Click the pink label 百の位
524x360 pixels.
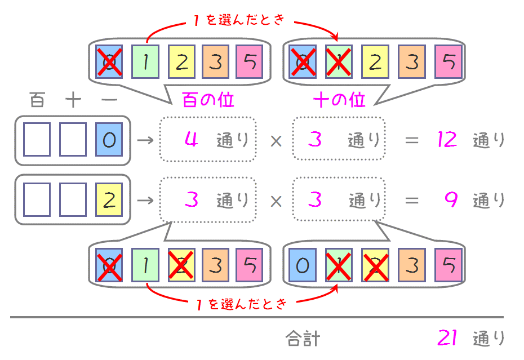(x=208, y=100)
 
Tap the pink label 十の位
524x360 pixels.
(x=339, y=100)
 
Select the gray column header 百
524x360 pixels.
(x=37, y=100)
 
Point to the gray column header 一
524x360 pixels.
(x=109, y=100)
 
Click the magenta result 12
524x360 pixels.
(x=447, y=139)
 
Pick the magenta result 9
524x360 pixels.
(x=451, y=199)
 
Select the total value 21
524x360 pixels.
(x=447, y=337)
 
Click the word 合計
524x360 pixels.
(x=303, y=338)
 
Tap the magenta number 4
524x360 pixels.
(x=191, y=139)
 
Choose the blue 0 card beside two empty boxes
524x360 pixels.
(x=109, y=139)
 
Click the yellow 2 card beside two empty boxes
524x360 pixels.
(x=109, y=199)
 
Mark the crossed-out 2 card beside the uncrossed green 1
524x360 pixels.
(x=181, y=265)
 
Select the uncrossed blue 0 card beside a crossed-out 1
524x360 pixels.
(x=303, y=265)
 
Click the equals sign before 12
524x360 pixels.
(x=412, y=140)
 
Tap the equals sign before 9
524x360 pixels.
(x=412, y=201)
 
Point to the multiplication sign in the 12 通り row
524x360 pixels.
(x=276, y=141)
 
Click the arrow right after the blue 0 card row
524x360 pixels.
(x=145, y=140)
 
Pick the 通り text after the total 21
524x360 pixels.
(x=489, y=338)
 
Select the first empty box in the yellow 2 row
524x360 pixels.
(x=37, y=199)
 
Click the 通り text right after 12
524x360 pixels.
(x=489, y=140)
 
